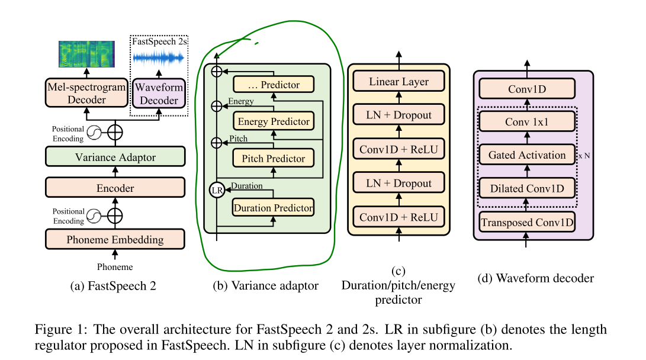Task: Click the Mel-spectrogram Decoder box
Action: tap(86, 93)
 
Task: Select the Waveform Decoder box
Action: tap(159, 93)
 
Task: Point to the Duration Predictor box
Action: tap(273, 207)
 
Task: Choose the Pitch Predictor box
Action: tap(273, 158)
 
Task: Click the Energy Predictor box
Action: tap(273, 121)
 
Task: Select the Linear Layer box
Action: tap(399, 82)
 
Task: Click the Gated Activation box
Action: tap(526, 155)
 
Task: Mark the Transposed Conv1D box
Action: tap(526, 223)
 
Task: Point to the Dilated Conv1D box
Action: tap(526, 189)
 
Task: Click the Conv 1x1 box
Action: tap(526, 121)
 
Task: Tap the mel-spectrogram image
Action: tap(86, 54)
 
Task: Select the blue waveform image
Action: tap(158, 57)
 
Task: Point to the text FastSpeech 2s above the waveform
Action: tap(158, 43)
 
